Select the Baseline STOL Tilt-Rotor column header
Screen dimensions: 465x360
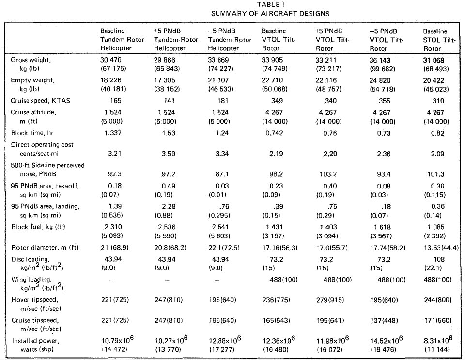[x=439, y=40]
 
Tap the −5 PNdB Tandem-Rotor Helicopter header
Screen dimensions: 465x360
[x=230, y=39]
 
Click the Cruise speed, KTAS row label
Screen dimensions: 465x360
[x=40, y=100]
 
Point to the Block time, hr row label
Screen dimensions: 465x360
[x=32, y=133]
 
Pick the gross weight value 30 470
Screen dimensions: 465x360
[x=110, y=60]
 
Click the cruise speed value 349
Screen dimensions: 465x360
[x=277, y=100]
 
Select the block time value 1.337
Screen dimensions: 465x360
[x=113, y=133]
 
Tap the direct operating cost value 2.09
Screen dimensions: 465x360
[x=437, y=154]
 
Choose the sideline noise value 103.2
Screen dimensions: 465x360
[x=328, y=174]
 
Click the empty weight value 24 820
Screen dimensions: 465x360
[x=380, y=80]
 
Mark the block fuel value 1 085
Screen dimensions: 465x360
[x=436, y=227]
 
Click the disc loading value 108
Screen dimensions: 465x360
[x=439, y=259]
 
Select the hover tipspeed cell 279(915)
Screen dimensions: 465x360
[x=330, y=300]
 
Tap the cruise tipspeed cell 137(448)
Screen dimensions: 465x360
[x=384, y=321]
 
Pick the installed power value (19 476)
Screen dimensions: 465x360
[x=383, y=350]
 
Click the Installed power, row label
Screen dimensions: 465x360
[x=33, y=341]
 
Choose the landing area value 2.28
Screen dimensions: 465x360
[x=169, y=206]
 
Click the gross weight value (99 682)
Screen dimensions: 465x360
[x=383, y=69]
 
